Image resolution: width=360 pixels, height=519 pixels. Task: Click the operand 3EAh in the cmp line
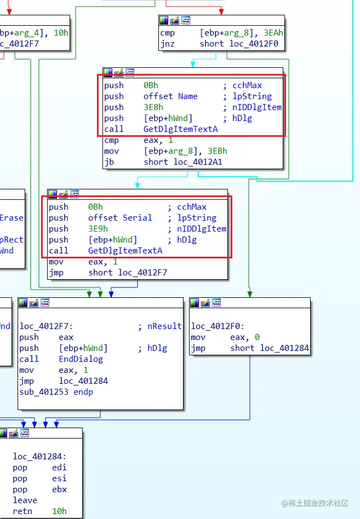click(x=273, y=33)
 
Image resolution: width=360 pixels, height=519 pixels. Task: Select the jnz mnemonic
click(x=167, y=44)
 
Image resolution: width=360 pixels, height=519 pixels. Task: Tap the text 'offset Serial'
click(x=120, y=218)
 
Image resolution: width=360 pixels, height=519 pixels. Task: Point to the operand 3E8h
click(x=153, y=107)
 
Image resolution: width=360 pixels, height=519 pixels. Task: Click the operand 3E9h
click(x=98, y=229)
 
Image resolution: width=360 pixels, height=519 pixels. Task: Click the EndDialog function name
click(x=81, y=359)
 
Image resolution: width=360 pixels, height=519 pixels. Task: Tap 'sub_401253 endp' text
click(x=56, y=392)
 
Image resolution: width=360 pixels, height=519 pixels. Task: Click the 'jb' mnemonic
click(x=109, y=162)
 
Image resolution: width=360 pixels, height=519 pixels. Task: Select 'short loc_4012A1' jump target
click(x=183, y=162)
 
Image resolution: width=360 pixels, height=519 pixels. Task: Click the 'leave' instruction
click(x=25, y=500)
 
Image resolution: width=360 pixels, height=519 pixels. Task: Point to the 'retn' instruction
click(x=22, y=511)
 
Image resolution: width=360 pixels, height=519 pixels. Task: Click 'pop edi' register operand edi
click(x=59, y=468)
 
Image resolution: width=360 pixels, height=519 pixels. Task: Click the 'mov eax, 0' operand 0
click(x=258, y=337)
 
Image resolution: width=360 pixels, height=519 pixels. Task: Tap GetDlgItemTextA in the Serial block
click(x=125, y=251)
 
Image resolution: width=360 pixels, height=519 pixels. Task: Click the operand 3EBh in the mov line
click(x=218, y=151)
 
